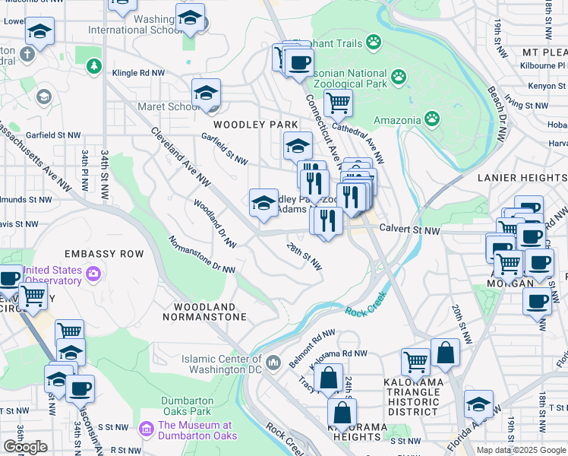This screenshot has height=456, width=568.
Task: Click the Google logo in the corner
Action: (x=25, y=446)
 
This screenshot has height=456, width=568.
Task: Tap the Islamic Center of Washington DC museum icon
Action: (x=273, y=359)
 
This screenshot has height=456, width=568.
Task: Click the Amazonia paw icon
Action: (x=431, y=118)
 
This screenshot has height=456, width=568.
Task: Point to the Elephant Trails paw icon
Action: (x=373, y=43)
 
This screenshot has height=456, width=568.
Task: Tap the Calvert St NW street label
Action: (x=409, y=230)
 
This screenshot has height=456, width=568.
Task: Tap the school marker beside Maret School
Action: (x=206, y=93)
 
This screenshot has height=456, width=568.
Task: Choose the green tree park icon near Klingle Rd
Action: (x=93, y=67)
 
